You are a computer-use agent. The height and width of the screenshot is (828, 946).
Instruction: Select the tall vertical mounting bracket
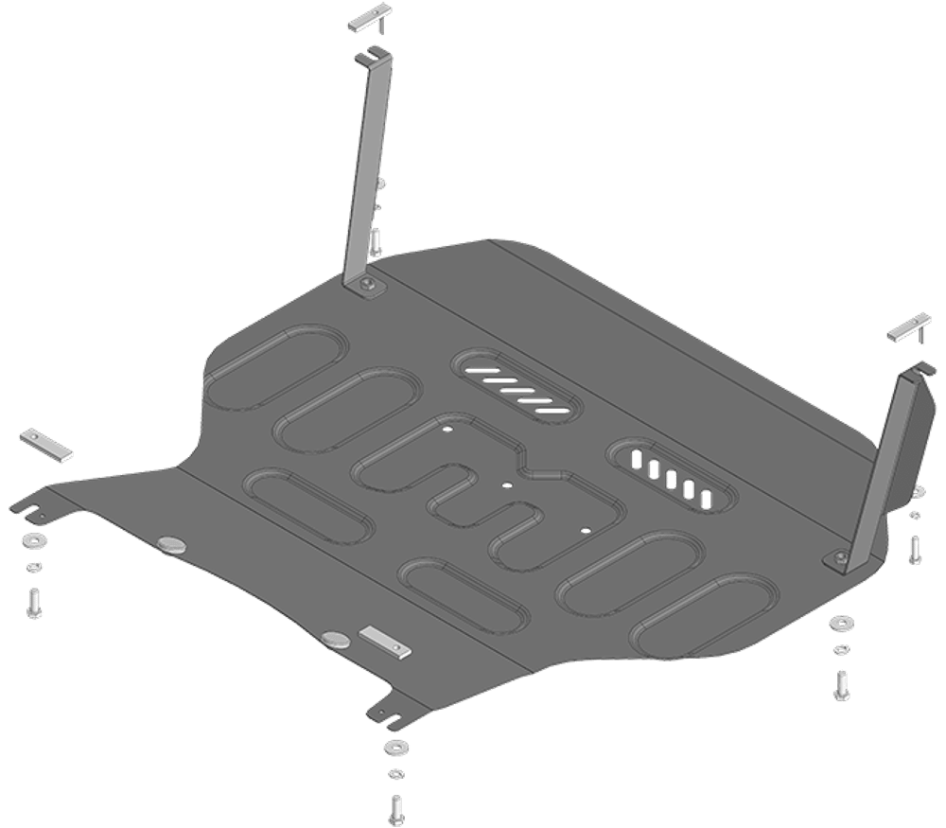click(x=369, y=170)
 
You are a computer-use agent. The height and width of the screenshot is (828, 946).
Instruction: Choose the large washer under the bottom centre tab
click(x=393, y=748)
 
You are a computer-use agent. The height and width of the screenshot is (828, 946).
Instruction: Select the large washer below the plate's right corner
click(x=839, y=625)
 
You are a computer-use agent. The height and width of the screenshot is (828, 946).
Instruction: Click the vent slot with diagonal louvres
click(x=517, y=384)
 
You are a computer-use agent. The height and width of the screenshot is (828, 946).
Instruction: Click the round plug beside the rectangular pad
click(x=333, y=638)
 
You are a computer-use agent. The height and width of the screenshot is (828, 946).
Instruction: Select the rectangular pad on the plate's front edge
click(x=386, y=643)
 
